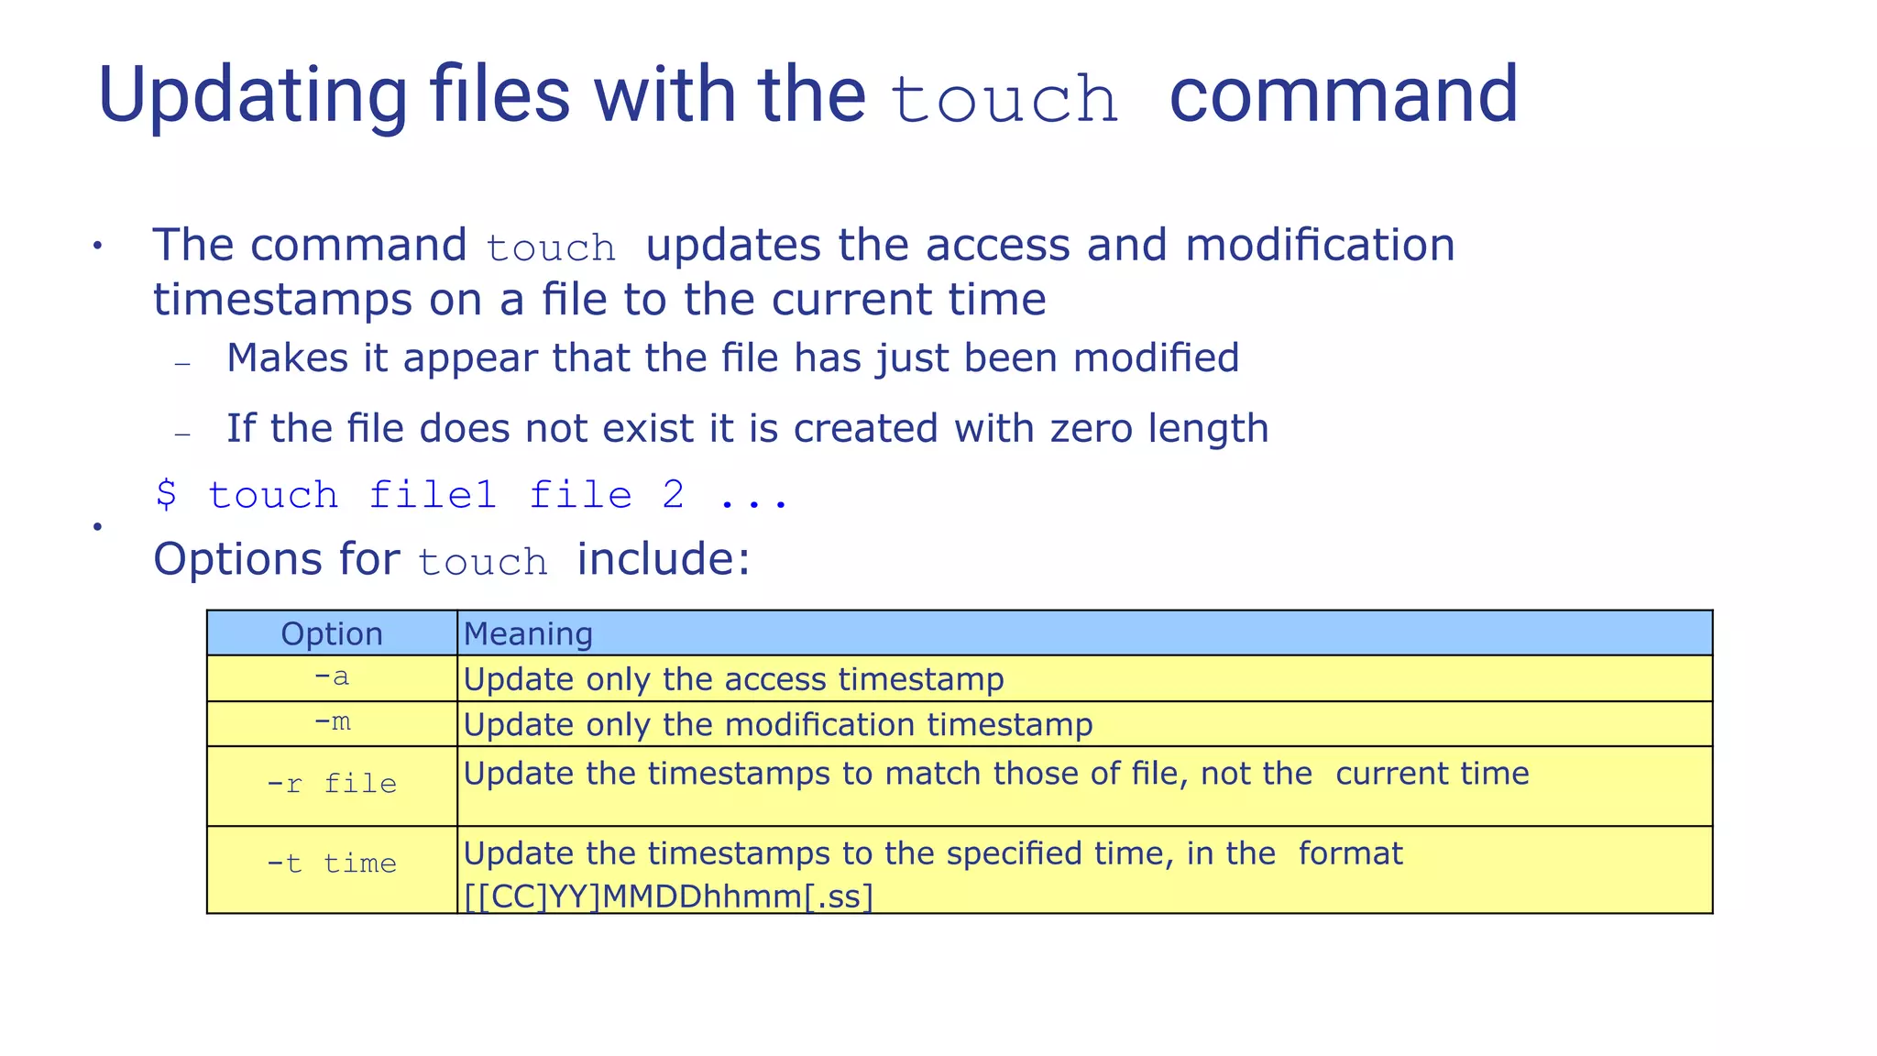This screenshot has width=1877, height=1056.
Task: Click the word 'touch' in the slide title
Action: point(1004,99)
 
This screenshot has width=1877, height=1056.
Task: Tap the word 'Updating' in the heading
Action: point(252,96)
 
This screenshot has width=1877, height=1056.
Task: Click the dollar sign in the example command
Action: point(166,495)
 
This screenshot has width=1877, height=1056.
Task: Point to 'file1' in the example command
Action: point(433,495)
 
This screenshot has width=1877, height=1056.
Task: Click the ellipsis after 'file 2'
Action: point(753,497)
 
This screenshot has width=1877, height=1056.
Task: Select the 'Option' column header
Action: point(332,633)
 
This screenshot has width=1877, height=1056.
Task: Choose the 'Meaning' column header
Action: point(528,633)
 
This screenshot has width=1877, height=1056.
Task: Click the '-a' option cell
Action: point(332,678)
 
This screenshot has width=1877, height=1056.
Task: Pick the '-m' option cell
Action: point(332,723)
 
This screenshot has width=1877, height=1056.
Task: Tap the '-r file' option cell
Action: point(332,785)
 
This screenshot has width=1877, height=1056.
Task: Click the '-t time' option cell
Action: point(332,864)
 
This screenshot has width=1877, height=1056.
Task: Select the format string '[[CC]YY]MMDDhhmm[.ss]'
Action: point(668,896)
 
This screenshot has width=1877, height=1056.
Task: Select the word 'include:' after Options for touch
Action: point(664,559)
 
